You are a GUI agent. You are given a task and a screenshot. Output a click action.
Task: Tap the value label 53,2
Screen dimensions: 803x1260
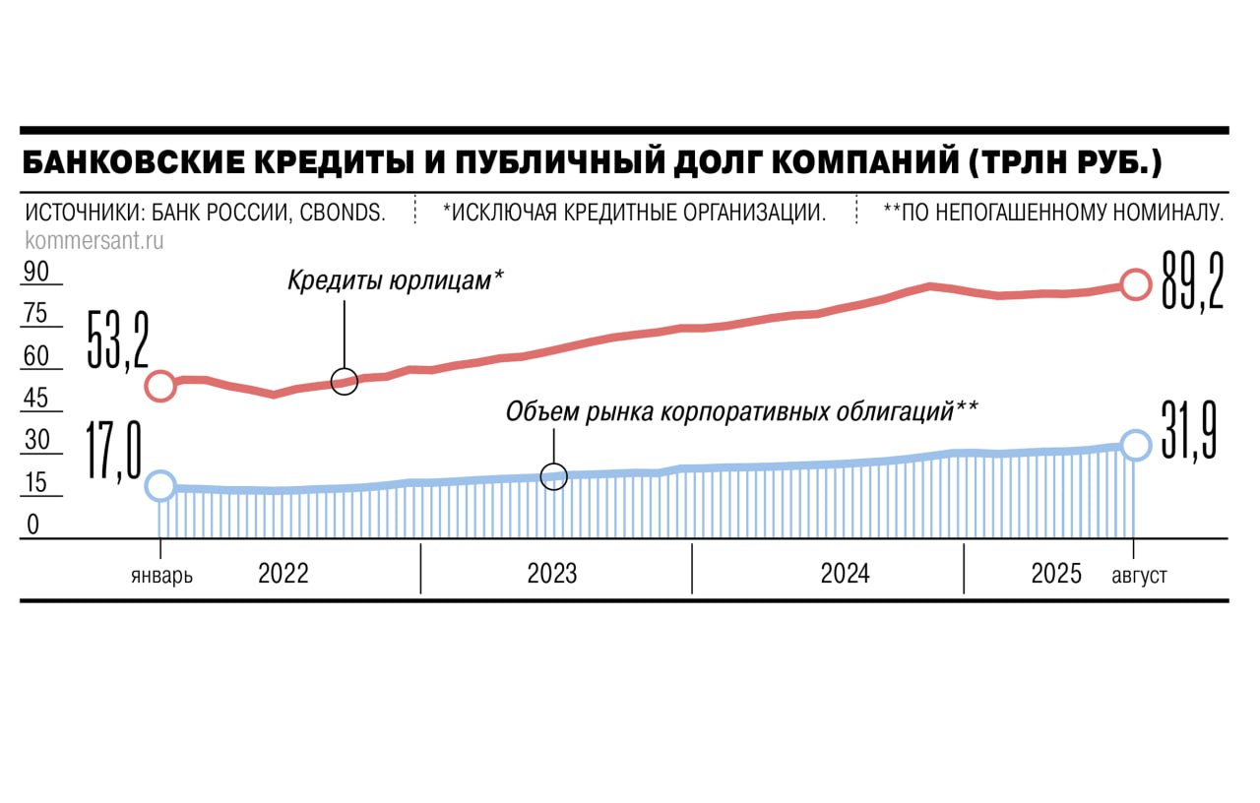[x=117, y=340]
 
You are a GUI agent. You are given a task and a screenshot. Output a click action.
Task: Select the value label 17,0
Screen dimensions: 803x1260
[x=115, y=452]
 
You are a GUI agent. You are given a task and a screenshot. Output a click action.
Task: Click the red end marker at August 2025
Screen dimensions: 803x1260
[x=1135, y=284]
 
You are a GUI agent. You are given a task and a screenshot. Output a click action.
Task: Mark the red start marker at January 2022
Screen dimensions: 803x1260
[x=160, y=386]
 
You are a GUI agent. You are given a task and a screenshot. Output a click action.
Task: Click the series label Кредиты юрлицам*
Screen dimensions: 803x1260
[x=396, y=280]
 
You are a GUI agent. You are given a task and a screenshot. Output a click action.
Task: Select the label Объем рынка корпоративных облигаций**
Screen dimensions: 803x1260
[x=741, y=411]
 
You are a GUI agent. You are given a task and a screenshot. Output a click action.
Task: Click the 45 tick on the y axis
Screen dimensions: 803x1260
[x=36, y=399]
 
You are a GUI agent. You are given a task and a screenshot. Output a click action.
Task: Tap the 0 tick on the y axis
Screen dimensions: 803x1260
[x=32, y=525]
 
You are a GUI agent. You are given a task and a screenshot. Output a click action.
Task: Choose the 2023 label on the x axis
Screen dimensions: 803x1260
[x=552, y=574]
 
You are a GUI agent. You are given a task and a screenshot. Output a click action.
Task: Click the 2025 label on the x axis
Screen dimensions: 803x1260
[x=1056, y=574]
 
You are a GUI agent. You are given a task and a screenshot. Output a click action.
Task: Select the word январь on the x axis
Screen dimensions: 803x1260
[x=161, y=576]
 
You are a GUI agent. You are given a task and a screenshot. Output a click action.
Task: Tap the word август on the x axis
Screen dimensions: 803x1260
[x=1139, y=576]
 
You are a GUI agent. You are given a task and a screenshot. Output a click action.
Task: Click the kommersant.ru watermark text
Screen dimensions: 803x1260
[x=94, y=239]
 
